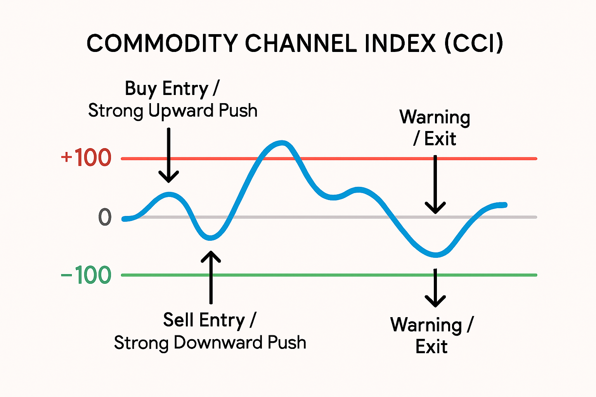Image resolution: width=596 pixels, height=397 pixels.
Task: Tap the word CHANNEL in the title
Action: [301, 43]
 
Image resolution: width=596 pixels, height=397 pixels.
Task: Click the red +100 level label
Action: [86, 158]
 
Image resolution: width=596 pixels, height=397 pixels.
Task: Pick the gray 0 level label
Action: [105, 217]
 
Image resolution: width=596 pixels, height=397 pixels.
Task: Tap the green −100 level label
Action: [86, 275]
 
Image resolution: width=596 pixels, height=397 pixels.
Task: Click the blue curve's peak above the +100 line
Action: [282, 143]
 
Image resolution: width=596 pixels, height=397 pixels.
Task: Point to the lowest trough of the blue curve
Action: [436, 255]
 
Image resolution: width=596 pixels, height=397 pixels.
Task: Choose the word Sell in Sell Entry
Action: [179, 320]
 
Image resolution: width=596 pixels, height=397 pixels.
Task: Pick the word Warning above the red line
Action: [435, 117]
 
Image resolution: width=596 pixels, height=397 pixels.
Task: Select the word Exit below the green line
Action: [431, 347]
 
